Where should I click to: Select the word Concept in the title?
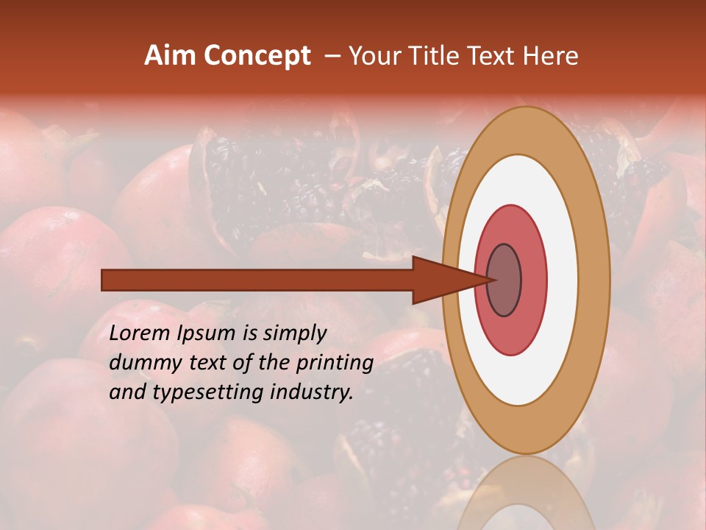[257, 57]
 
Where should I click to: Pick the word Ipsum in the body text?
[207, 333]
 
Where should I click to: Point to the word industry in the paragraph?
[312, 392]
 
